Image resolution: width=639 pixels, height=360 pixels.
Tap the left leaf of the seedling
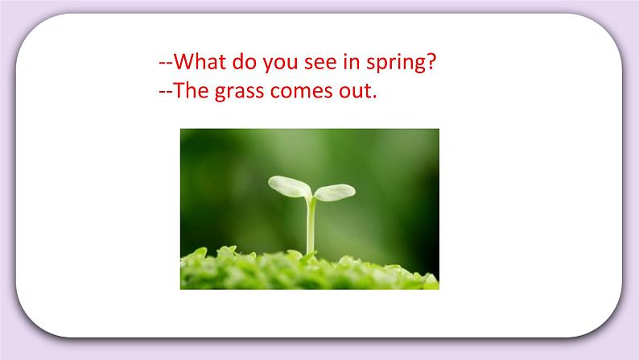coord(289,186)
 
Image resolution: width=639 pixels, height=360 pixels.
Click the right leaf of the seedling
coord(334,192)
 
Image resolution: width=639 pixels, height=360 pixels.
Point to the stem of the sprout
coord(311,226)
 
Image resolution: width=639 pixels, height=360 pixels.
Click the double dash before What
coord(167,63)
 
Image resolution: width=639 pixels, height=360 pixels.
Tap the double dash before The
coord(167,92)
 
